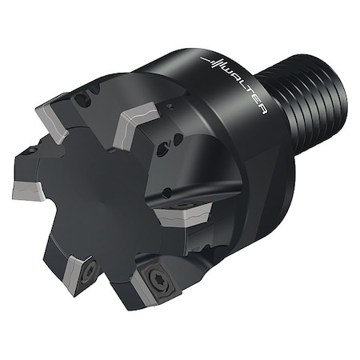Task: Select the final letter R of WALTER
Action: (x=262, y=110)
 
